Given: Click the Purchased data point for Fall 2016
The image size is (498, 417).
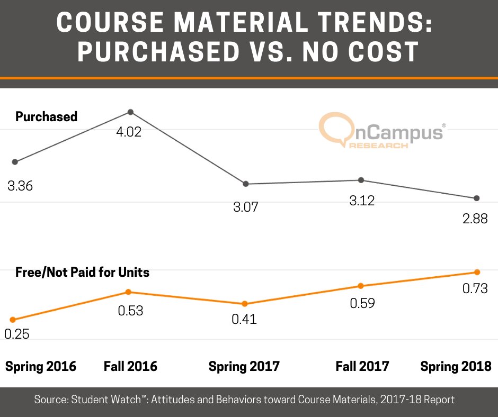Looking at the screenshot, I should click(x=130, y=112).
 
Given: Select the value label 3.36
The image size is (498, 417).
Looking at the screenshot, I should click(x=20, y=186).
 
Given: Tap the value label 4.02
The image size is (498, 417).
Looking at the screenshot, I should click(x=129, y=132).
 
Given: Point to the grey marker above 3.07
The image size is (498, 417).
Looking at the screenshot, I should click(x=246, y=184).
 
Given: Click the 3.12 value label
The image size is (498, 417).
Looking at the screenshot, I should click(x=362, y=201).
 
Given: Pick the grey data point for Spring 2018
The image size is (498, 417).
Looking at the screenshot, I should click(x=476, y=198).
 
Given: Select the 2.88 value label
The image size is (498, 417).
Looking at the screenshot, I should click(x=474, y=219).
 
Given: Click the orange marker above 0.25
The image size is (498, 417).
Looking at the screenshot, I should click(x=13, y=320).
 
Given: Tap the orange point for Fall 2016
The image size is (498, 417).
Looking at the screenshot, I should click(x=128, y=292).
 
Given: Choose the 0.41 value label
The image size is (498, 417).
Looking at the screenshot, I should click(x=244, y=319).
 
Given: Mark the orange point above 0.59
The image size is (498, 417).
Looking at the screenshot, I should click(x=361, y=286).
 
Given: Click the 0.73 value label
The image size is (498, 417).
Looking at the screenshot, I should click(x=474, y=288).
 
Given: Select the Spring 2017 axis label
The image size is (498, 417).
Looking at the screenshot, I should click(x=244, y=366).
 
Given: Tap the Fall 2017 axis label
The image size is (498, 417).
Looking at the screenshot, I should click(x=362, y=366).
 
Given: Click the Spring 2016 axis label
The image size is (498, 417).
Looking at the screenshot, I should click(x=40, y=366).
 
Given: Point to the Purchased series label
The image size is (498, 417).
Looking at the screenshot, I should click(x=46, y=116).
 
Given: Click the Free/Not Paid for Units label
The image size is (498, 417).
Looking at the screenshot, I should click(x=82, y=273).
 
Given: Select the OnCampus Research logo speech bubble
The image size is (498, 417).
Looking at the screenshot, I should click(x=333, y=130).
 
